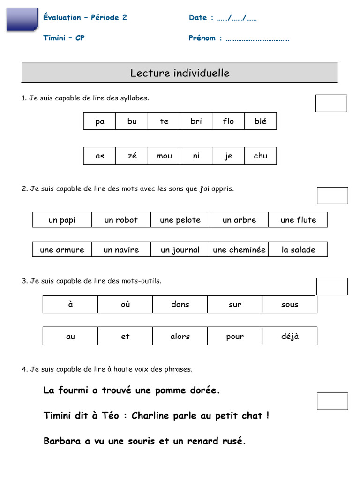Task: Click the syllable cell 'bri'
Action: pos(196,121)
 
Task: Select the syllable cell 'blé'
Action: pos(260,121)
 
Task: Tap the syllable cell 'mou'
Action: pos(164,156)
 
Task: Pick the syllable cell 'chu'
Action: pos(260,156)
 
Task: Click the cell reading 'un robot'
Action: pos(121,220)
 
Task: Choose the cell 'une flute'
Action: pos(298,220)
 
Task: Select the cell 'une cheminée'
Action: pos(239,250)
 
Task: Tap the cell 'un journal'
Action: pos(180,250)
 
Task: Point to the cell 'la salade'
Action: pos(298,250)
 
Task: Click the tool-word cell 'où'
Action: pos(125,304)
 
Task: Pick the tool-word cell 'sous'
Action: pos(290,304)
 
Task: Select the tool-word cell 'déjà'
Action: pos(290,336)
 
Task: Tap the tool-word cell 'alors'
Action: pos(180,336)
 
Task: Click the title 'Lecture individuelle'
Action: pos(180,73)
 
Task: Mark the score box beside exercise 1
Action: pos(331,103)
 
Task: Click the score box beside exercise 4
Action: pos(332,401)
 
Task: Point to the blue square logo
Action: pos(22,19)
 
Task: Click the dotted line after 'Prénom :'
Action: pos(257,38)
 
